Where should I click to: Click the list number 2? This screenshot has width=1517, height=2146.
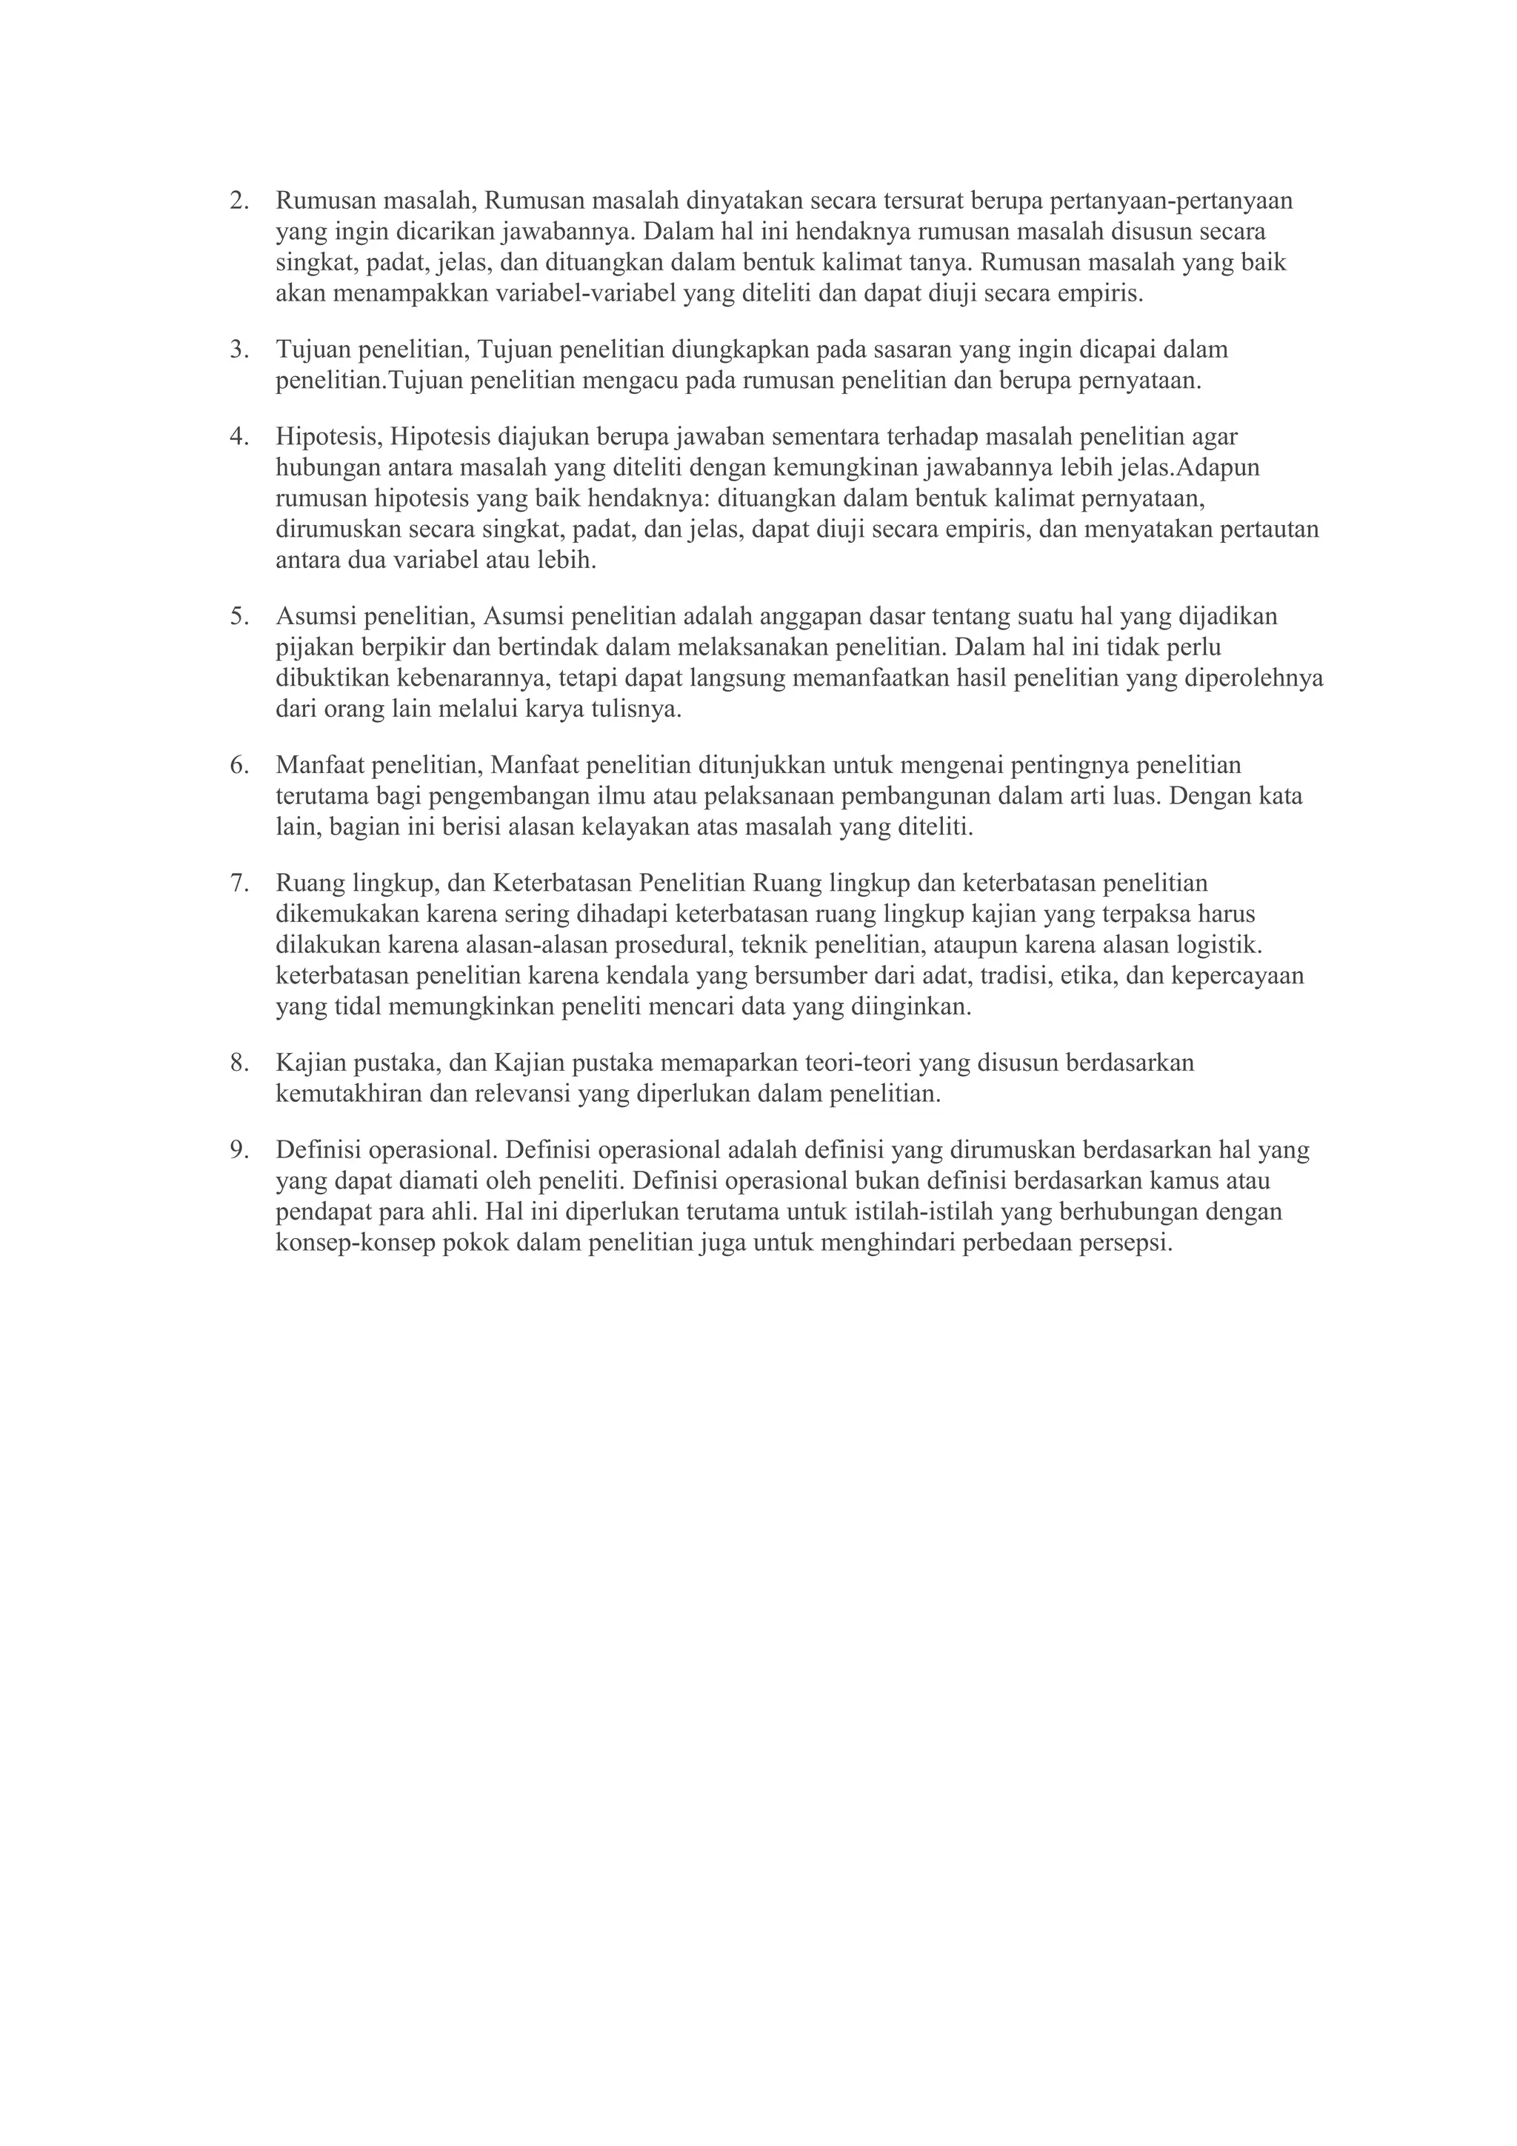click(x=239, y=201)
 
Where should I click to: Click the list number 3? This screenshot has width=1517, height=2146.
click(x=239, y=350)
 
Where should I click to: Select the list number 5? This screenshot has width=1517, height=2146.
click(x=239, y=616)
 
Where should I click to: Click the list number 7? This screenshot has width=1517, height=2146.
click(x=239, y=883)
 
